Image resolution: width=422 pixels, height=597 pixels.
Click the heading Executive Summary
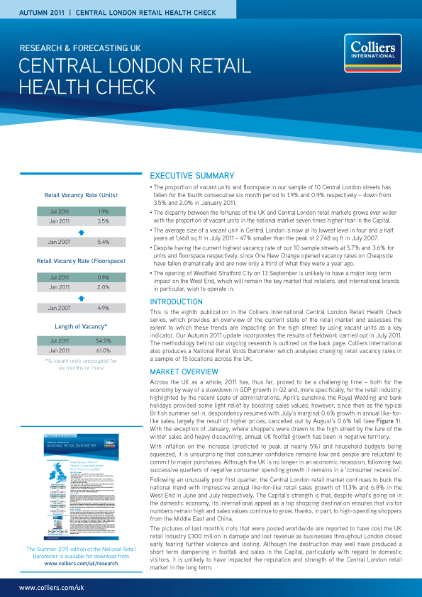pyautogui.click(x=191, y=176)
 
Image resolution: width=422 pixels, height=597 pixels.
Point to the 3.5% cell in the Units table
pyautogui.click(x=103, y=221)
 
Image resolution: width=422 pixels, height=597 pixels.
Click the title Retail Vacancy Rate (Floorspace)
pyautogui.click(x=80, y=262)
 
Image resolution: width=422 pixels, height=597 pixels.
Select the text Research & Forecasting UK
pyautogui.click(x=79, y=48)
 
